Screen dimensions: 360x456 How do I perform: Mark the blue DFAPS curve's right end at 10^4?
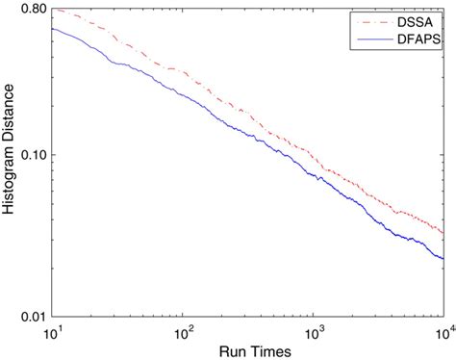443,259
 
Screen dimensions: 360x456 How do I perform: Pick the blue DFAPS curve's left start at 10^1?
51,28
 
